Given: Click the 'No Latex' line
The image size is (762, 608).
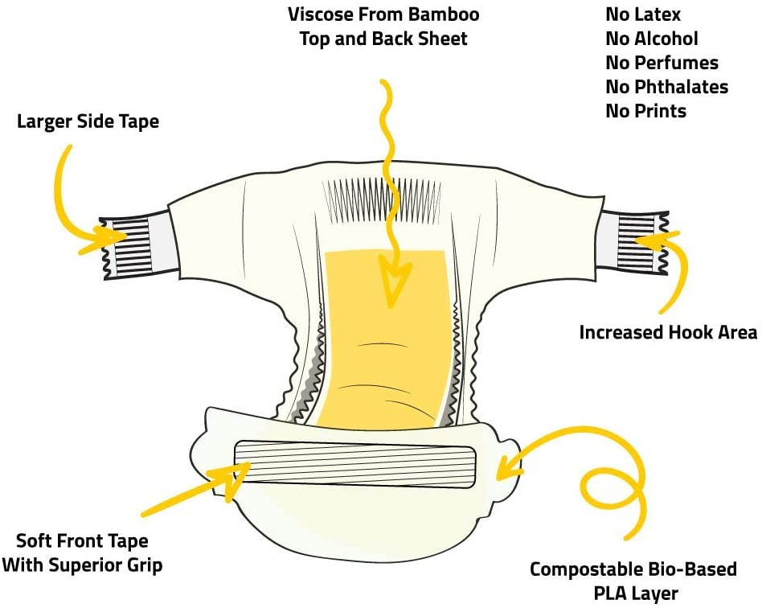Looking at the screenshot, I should point(643,14).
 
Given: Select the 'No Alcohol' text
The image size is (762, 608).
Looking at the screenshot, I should point(652,39).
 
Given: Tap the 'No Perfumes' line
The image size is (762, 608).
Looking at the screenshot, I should point(662,63).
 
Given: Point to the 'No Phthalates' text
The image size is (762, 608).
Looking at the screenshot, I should point(666,87).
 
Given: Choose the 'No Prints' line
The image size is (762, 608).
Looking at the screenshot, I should point(645,111).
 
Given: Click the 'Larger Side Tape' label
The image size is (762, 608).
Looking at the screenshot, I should point(88,122).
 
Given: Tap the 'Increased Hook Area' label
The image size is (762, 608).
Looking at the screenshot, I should point(668,332).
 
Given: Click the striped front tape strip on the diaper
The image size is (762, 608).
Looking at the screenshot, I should point(354,466).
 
